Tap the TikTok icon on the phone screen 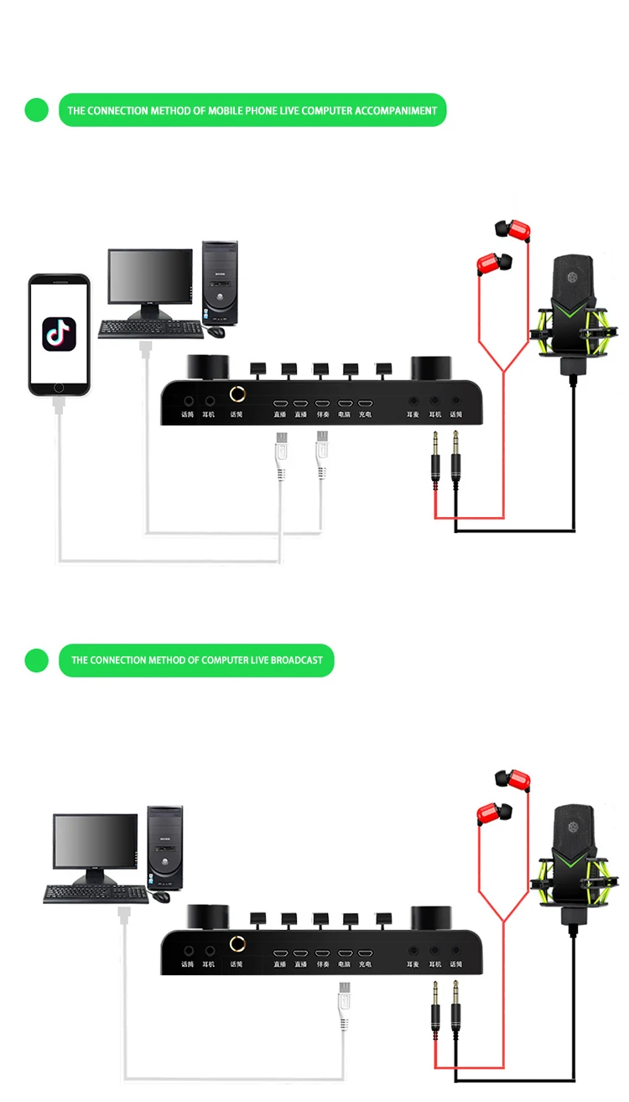(59, 333)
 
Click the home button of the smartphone (59, 387)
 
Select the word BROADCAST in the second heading (296, 661)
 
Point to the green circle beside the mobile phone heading (37, 110)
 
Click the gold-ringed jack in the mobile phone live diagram (238, 394)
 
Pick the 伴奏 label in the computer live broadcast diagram (322, 964)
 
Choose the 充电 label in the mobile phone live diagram (365, 415)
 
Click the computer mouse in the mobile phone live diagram (216, 331)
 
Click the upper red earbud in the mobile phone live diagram (512, 230)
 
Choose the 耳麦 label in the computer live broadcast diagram (413, 964)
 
